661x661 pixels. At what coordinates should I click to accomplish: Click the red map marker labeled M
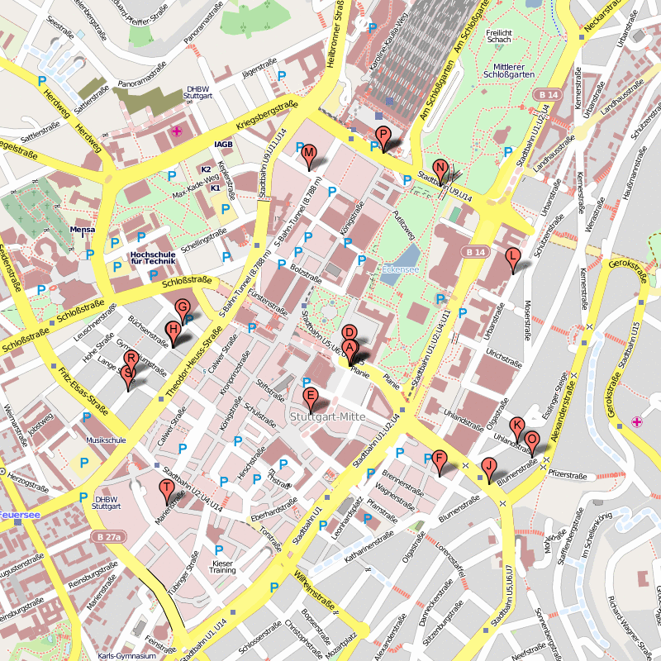pyautogui.click(x=308, y=154)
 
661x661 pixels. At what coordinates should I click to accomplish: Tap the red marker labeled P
pyautogui.click(x=382, y=136)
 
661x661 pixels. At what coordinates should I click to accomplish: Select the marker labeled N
pyautogui.click(x=440, y=169)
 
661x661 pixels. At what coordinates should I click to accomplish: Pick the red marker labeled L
pyautogui.click(x=513, y=258)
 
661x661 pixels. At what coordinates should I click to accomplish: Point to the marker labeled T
pyautogui.click(x=167, y=489)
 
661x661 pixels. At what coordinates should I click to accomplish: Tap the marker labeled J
pyautogui.click(x=488, y=468)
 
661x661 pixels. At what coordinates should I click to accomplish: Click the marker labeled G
pyautogui.click(x=183, y=308)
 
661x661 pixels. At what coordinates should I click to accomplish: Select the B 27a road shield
pyautogui.click(x=107, y=537)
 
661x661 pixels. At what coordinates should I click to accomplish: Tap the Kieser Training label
pyautogui.click(x=221, y=566)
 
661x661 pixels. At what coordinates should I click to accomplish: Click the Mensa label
pyautogui.click(x=83, y=230)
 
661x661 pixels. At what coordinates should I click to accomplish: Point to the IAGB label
pyautogui.click(x=224, y=145)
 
